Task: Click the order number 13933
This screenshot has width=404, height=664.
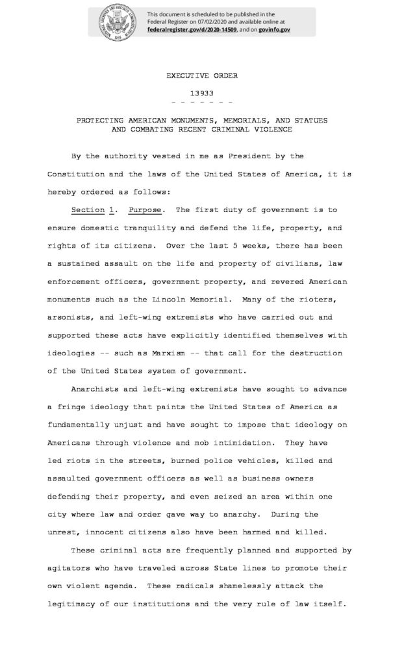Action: click(201, 93)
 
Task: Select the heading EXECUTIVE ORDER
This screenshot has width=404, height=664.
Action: click(201, 75)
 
